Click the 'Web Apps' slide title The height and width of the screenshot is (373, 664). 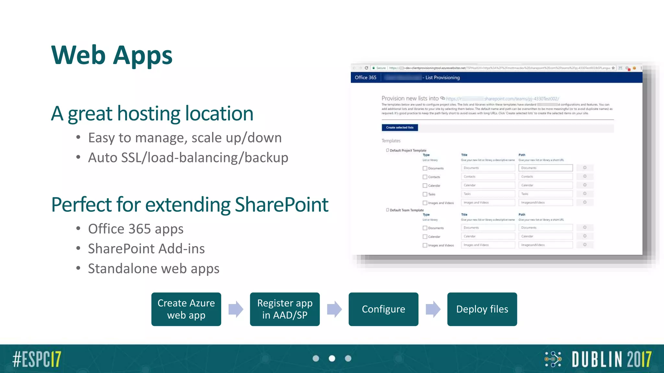pos(112,55)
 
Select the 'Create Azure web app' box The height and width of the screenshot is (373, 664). pos(186,309)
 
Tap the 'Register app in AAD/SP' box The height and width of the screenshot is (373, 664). pos(285,309)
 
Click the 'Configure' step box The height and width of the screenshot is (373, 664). pos(383,309)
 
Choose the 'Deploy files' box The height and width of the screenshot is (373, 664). pos(482,309)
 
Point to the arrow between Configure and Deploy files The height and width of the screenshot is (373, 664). pos(433,309)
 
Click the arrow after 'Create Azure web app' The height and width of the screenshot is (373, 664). pos(236,309)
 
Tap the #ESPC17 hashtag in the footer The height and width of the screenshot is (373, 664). pos(37,359)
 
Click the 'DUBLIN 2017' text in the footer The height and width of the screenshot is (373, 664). pos(611,359)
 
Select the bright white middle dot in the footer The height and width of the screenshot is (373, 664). pos(332,358)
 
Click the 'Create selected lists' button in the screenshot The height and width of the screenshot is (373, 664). pos(400,128)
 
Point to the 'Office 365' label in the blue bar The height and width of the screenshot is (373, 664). pos(365,77)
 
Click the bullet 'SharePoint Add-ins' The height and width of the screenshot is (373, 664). pos(146,249)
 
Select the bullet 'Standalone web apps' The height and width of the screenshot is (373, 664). pos(154,268)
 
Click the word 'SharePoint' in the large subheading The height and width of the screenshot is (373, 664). pos(281,205)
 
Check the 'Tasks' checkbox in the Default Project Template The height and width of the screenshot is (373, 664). pos(425,194)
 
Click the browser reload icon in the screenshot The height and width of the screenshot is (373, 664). pos(366,68)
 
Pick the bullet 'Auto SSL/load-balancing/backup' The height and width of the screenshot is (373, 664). pos(188,158)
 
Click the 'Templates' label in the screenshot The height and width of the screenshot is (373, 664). pos(391,141)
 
